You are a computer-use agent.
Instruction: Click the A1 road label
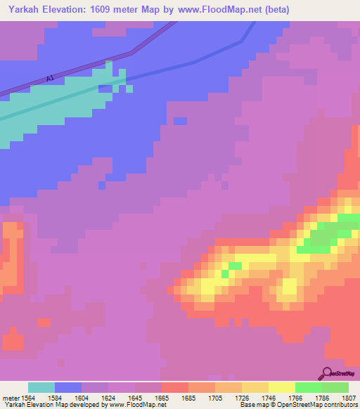(x=49, y=79)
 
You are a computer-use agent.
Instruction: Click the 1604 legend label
(x=82, y=398)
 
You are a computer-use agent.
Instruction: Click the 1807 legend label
(x=348, y=398)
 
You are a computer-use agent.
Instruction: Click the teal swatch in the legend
(x=41, y=387)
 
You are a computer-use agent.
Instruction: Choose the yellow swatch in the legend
(x=282, y=387)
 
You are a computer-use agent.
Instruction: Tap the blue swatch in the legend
(x=68, y=387)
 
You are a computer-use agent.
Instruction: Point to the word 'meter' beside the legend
(x=10, y=398)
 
